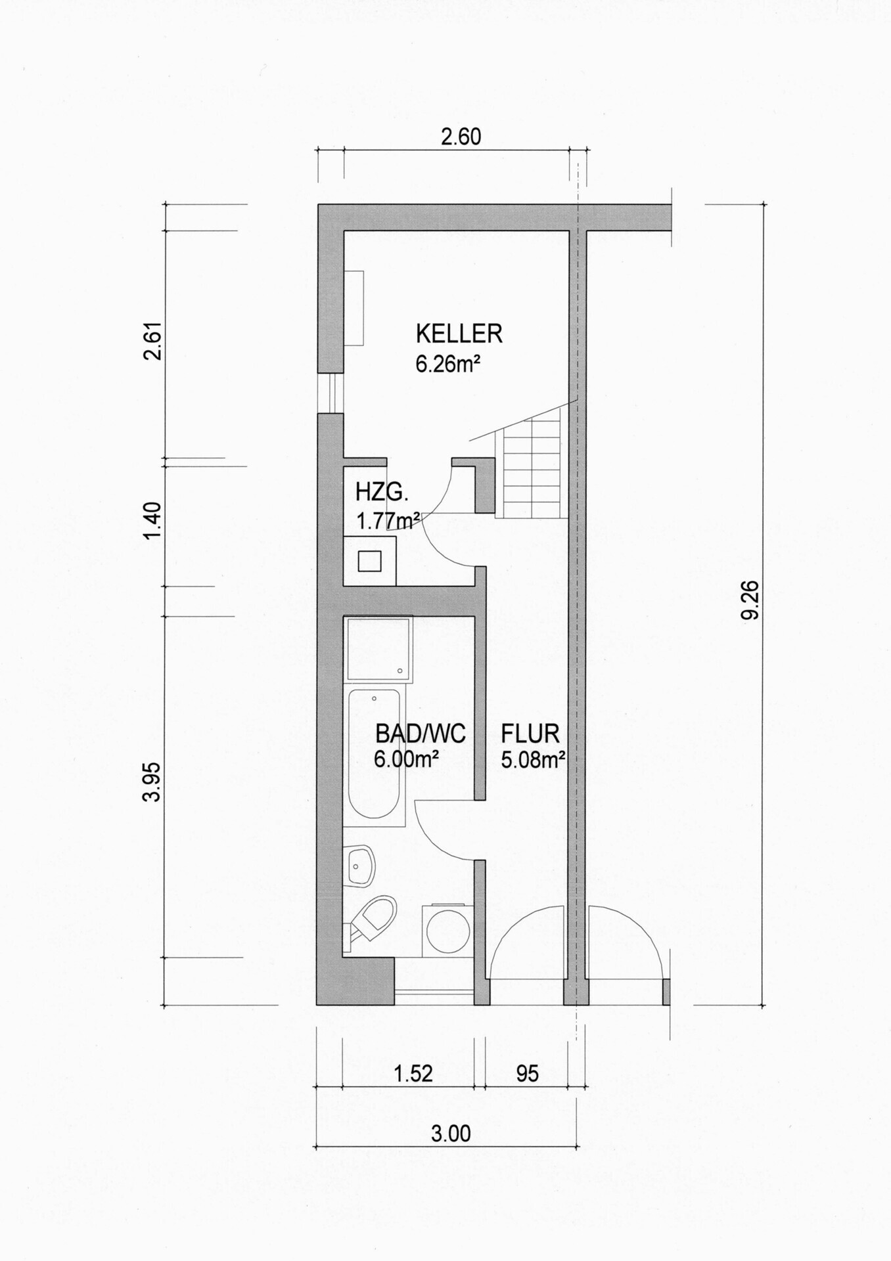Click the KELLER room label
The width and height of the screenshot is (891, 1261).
[x=459, y=334]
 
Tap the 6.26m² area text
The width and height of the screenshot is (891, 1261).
[x=445, y=363]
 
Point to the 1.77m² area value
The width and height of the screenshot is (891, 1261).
[x=388, y=521]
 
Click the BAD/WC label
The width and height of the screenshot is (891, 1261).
[x=421, y=733]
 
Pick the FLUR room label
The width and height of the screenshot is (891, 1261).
[x=530, y=733]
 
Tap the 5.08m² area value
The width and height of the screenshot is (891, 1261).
[x=534, y=760]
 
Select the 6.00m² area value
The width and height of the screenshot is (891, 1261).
[x=407, y=759]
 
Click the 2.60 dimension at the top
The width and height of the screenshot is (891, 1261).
[x=461, y=137]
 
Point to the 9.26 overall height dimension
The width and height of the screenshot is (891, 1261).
[x=750, y=600]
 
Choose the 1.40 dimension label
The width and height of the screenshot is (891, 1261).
[x=152, y=521]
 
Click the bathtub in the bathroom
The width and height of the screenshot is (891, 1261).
[x=373, y=757]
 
